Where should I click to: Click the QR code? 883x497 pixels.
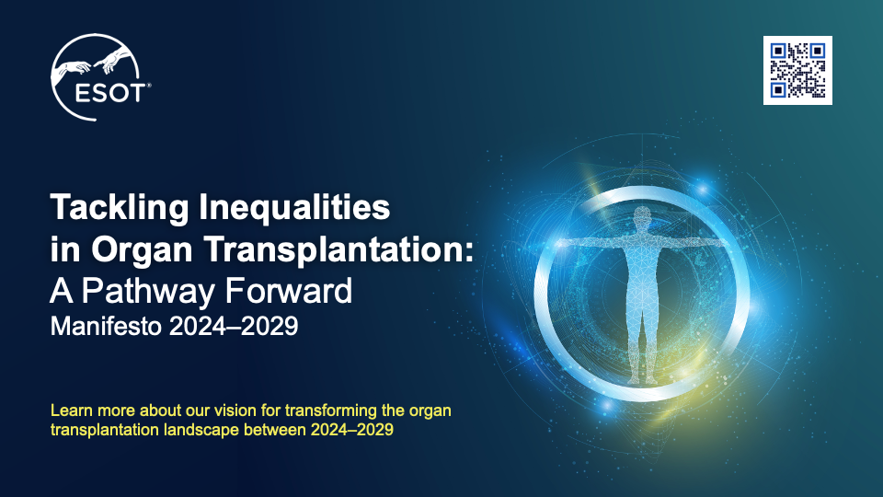pos(797,70)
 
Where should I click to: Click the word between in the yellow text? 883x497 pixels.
pos(278,430)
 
